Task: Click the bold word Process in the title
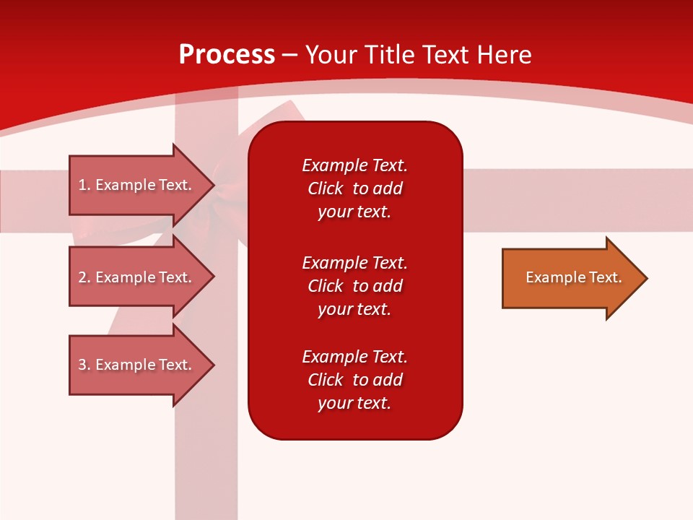tap(227, 55)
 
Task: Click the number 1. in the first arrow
tap(84, 185)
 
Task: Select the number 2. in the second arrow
tap(84, 277)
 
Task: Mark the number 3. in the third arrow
tap(84, 365)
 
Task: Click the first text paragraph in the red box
tap(354, 188)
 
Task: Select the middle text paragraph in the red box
tap(354, 286)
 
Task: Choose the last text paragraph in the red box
tap(354, 380)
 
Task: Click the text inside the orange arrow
tap(573, 277)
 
